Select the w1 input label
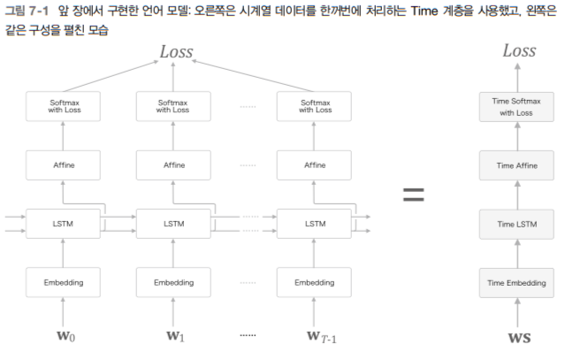[x=173, y=335]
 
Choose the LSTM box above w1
[x=173, y=224]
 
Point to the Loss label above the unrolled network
[x=175, y=51]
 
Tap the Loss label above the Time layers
[x=518, y=50]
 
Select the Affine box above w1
[x=173, y=165]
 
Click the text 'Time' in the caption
[x=427, y=11]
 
